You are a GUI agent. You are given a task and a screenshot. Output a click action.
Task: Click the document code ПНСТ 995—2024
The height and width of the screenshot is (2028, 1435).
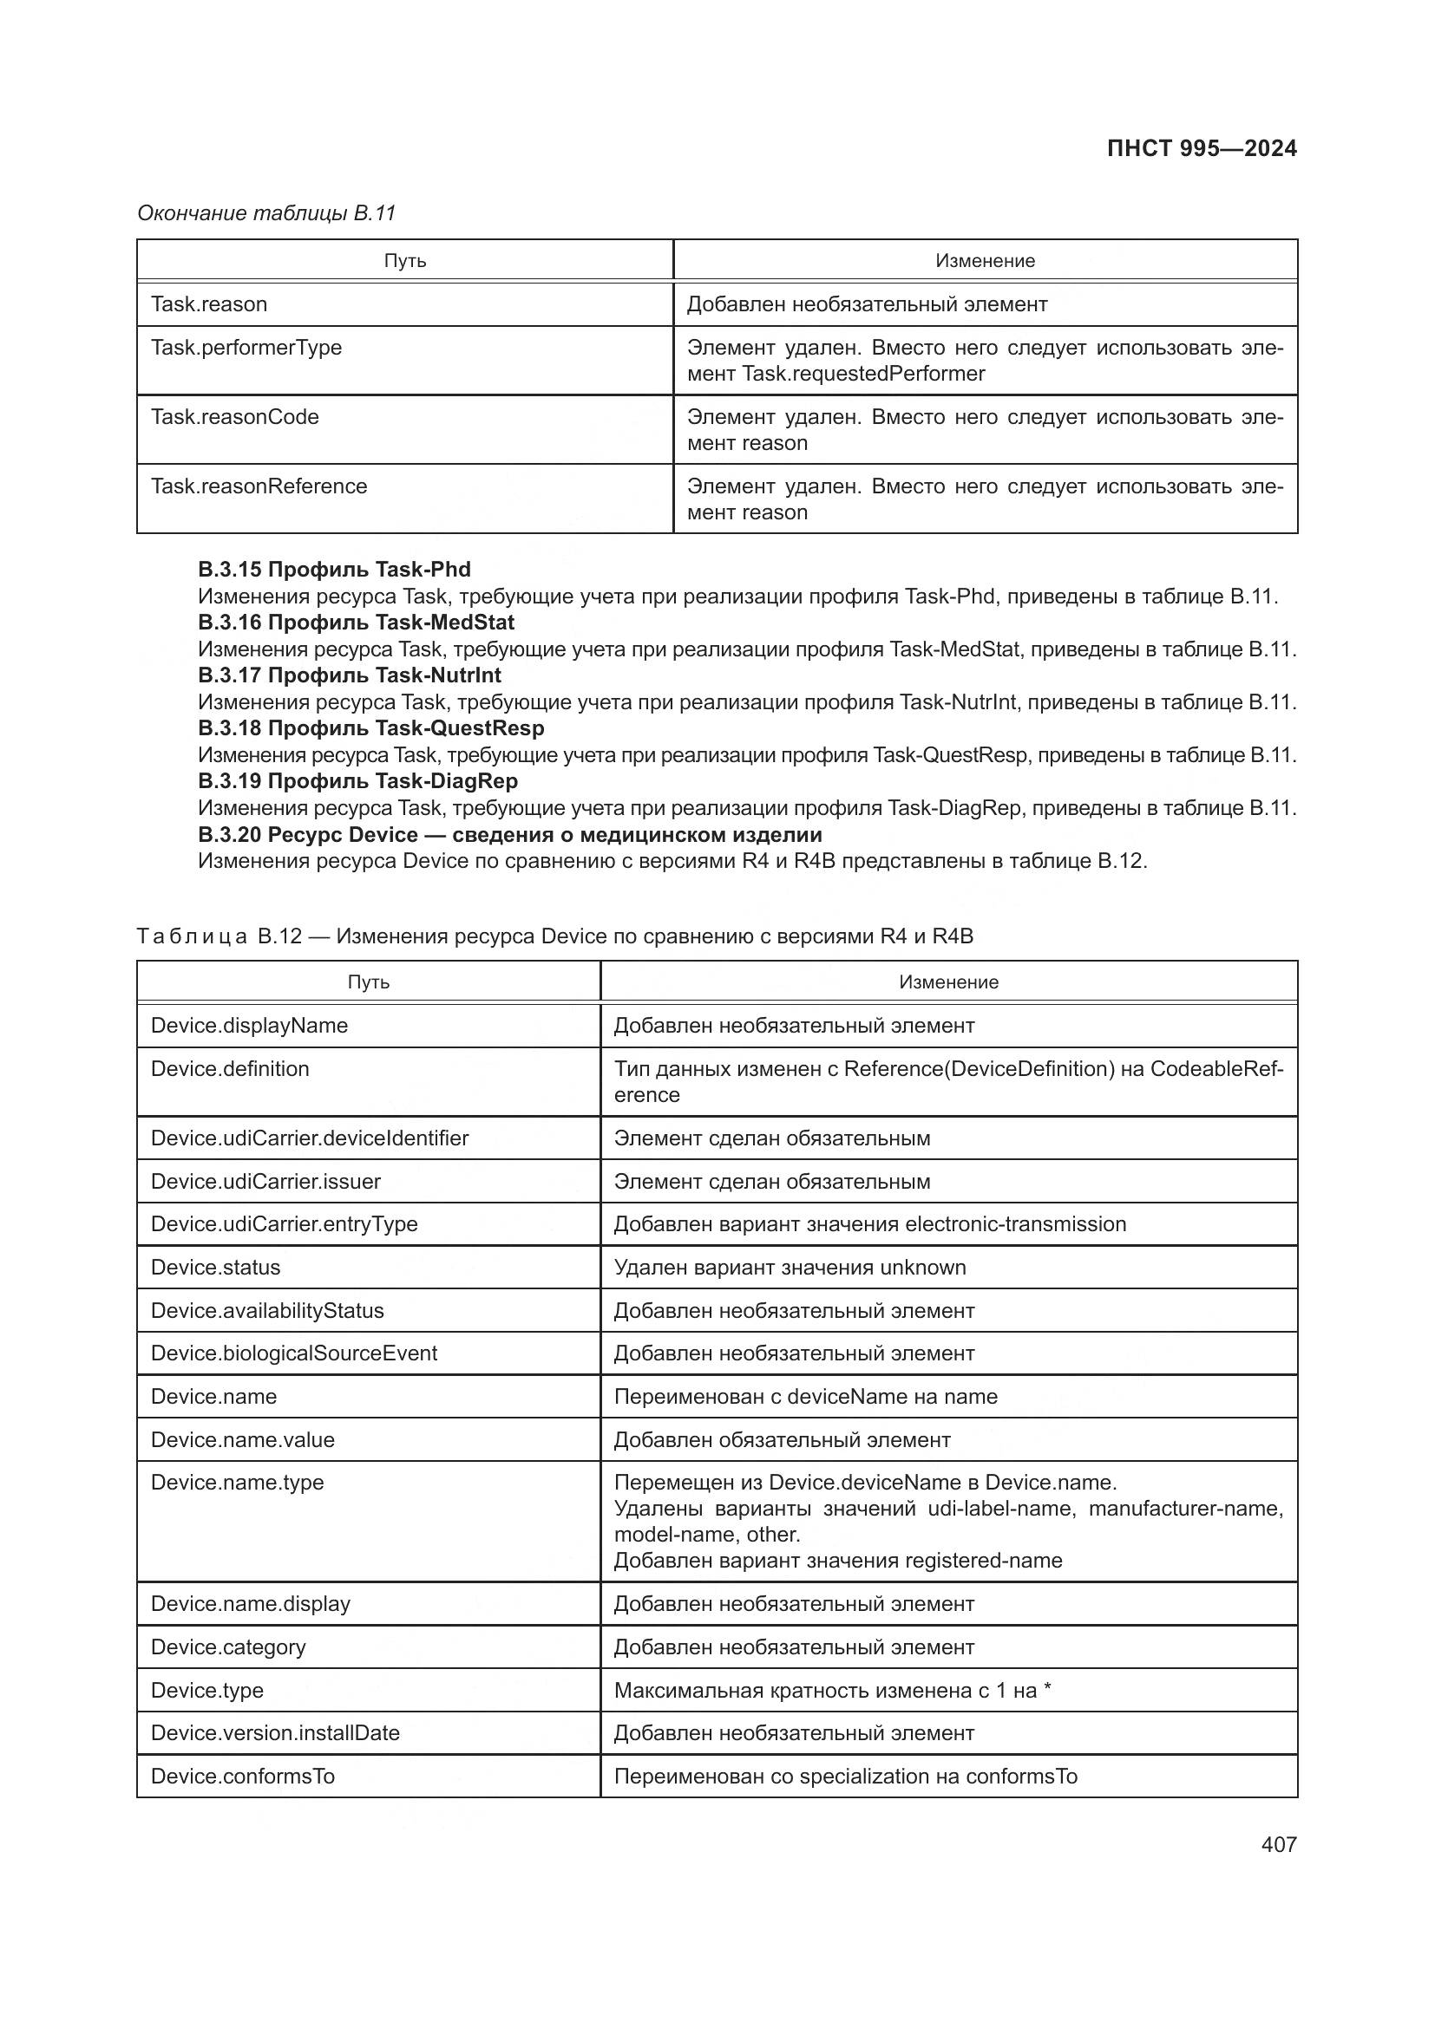pos(1201,148)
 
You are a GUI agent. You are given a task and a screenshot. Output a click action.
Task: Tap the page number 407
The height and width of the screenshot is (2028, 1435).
pos(1278,1844)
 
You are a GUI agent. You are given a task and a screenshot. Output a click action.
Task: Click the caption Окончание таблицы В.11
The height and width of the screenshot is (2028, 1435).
pos(266,213)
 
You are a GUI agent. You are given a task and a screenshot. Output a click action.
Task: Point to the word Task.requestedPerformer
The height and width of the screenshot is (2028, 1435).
pos(863,374)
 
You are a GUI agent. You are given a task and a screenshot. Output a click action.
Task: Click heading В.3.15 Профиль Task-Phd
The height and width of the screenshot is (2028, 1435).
pos(333,570)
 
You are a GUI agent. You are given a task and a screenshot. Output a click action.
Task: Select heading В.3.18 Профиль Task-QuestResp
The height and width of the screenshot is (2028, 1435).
pos(370,728)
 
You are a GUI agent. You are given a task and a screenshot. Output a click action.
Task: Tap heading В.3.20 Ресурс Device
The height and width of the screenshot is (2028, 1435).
pos(509,835)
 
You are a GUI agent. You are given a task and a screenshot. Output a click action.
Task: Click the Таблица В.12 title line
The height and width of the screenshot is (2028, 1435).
pos(554,936)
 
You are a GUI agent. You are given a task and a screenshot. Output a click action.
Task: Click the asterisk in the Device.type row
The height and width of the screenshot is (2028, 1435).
pos(1047,1688)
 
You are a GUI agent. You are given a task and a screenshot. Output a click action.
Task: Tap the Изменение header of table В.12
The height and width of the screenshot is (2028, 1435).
pos(947,982)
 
